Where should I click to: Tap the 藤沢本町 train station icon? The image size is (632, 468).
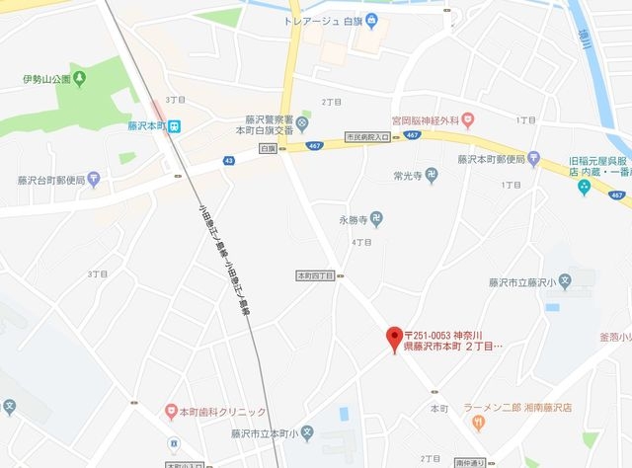[x=174, y=126]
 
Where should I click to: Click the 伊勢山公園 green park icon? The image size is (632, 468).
[x=79, y=79]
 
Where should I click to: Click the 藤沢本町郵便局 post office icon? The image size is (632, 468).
[x=534, y=158]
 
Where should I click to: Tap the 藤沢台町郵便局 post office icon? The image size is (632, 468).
[x=94, y=179]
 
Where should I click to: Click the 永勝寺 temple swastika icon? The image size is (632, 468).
[x=376, y=219]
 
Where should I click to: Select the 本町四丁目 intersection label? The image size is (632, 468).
[x=316, y=276]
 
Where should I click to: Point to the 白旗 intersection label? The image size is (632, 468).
[x=267, y=148]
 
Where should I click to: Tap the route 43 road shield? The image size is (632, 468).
[x=229, y=160]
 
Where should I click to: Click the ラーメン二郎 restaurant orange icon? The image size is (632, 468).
[x=479, y=424]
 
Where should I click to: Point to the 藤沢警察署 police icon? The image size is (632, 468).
[x=303, y=122]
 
